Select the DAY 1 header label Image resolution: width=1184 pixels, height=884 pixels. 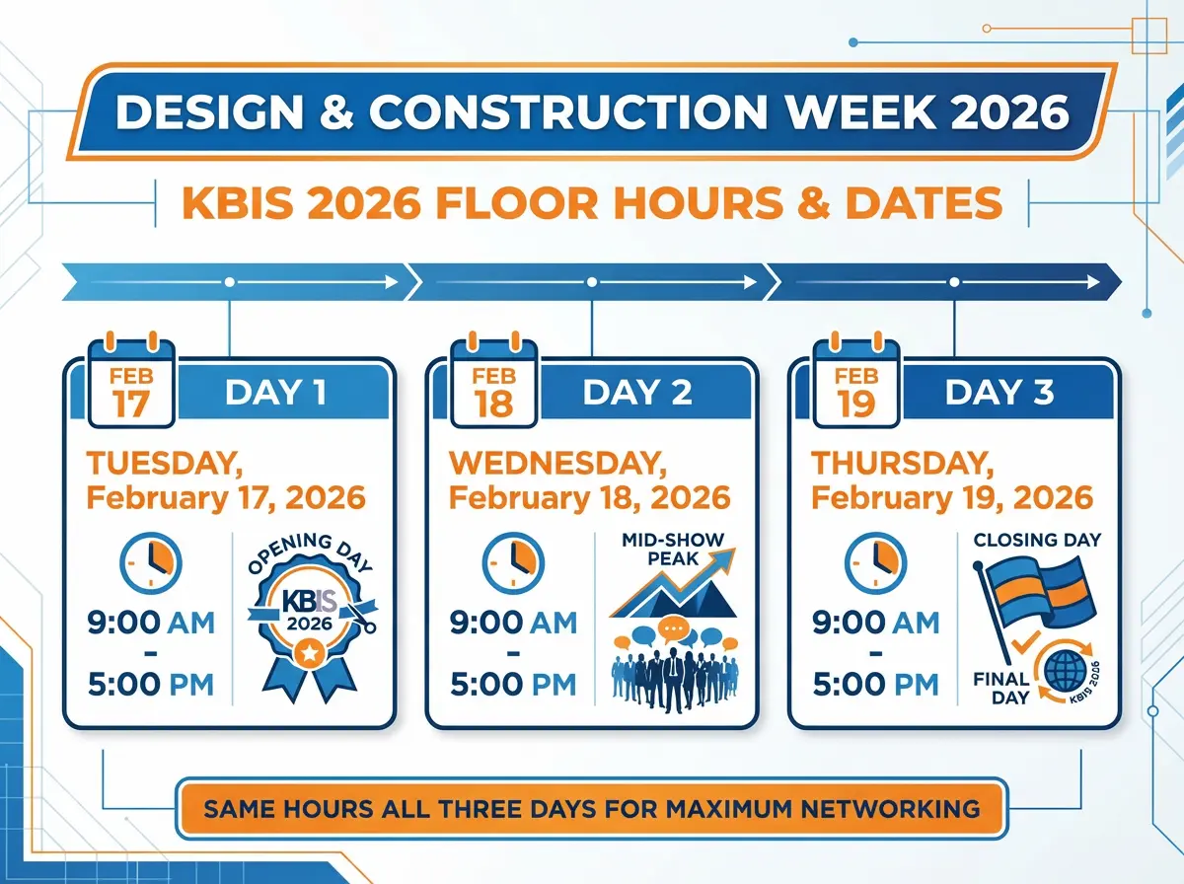point(275,392)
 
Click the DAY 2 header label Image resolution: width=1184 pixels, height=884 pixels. point(636,392)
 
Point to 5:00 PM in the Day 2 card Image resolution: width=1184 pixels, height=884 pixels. point(513,684)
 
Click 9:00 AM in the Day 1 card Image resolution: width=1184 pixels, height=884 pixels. point(151,623)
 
